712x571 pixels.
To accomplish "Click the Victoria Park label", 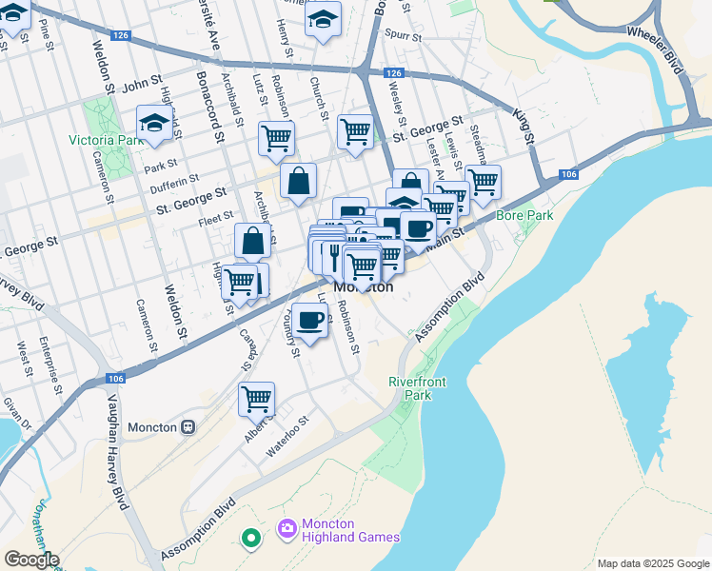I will point(106,140).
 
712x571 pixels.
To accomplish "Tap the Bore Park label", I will point(524,215).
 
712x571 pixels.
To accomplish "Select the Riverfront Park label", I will point(417,388).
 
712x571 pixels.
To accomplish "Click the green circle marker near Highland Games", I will point(251,540).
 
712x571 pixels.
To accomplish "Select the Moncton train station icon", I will point(188,427).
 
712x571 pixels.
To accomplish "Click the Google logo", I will point(30,560).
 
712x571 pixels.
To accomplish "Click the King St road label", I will point(524,127).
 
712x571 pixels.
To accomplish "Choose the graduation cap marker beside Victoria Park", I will point(153,123).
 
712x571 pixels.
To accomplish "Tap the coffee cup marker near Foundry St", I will point(308,320).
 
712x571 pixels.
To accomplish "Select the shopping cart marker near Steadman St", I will point(483,181).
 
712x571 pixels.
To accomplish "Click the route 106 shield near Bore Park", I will point(568,174).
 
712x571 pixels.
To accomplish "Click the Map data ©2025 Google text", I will point(652,562).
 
